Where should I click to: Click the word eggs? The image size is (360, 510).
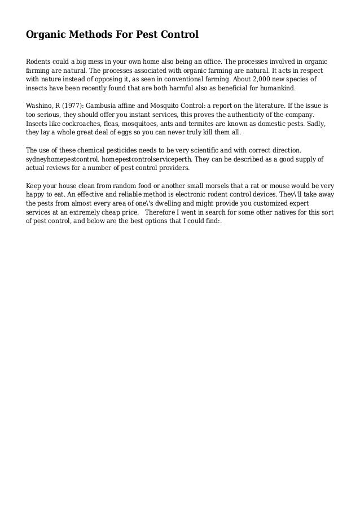coord(135,132)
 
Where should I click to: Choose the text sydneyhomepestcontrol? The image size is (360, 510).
coord(62,159)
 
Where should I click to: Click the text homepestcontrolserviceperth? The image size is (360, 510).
coord(148,159)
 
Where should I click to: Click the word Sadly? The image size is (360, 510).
coord(316,123)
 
